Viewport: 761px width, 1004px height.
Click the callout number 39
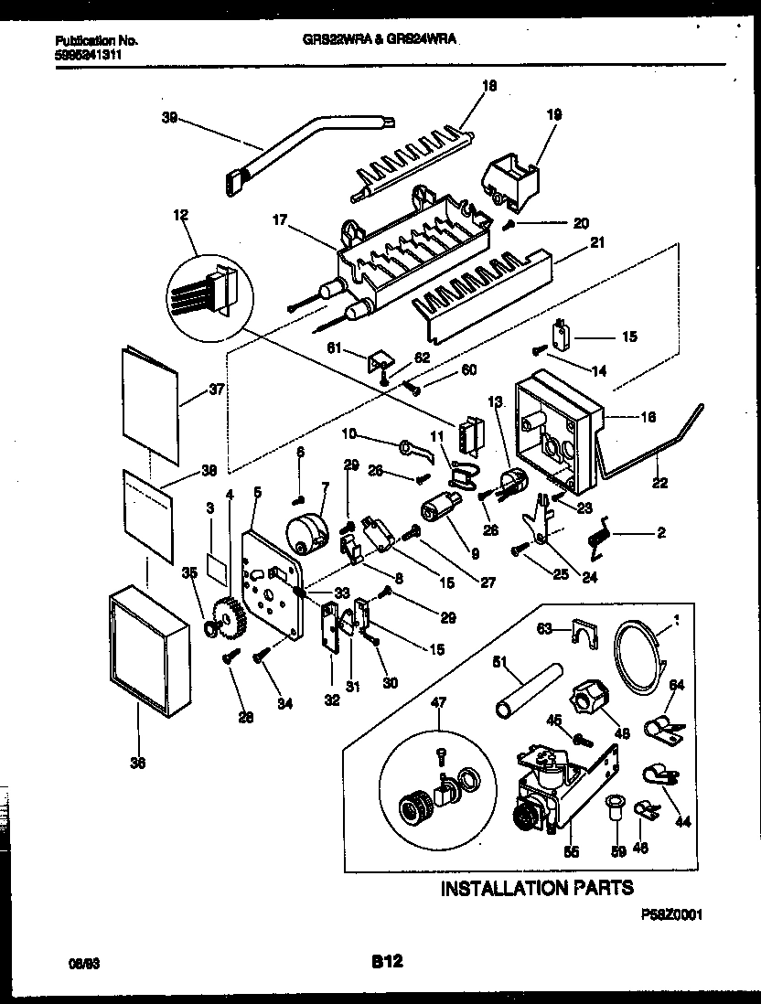pyautogui.click(x=169, y=117)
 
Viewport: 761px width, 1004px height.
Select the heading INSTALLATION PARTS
pyautogui.click(x=536, y=888)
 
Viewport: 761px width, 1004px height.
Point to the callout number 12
pyautogui.click(x=179, y=217)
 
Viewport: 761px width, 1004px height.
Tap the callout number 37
pyautogui.click(x=217, y=389)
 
